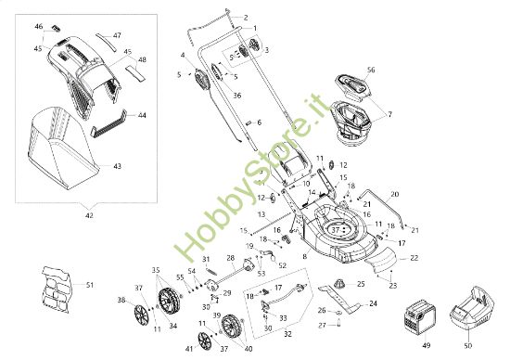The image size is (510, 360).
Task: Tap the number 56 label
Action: click(370, 70)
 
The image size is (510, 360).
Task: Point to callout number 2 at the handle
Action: click(246, 18)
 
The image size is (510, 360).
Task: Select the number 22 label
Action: click(414, 257)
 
